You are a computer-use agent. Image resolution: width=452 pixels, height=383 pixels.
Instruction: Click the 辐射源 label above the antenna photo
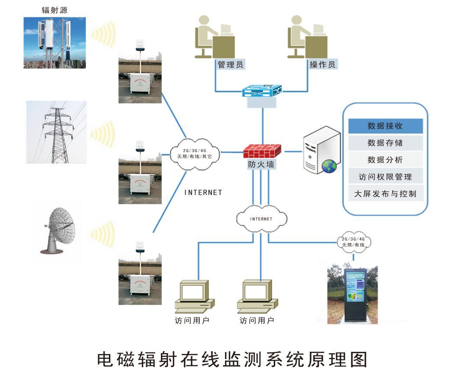point(54,10)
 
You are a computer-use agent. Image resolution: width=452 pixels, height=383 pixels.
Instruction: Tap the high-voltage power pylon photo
point(56,132)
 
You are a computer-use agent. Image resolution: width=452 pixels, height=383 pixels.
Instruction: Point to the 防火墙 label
point(261,165)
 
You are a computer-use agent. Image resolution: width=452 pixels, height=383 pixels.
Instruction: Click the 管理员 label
point(230,65)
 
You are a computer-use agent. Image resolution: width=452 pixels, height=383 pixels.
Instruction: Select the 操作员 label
point(322,65)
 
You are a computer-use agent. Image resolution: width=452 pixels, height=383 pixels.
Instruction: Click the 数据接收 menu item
point(385,126)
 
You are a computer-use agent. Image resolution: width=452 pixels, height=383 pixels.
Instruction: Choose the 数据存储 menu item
point(385,143)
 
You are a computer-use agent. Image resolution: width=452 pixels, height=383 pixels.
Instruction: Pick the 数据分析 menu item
point(385,160)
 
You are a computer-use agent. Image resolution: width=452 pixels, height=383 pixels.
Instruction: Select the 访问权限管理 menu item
point(385,177)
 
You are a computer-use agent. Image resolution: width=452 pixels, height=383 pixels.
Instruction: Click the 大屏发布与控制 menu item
point(385,194)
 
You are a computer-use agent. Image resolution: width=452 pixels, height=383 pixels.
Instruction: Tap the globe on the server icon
point(329,166)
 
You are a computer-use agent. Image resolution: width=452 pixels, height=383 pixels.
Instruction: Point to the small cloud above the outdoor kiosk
point(353,242)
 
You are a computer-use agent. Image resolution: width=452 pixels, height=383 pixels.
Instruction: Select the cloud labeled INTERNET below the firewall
point(261,219)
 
